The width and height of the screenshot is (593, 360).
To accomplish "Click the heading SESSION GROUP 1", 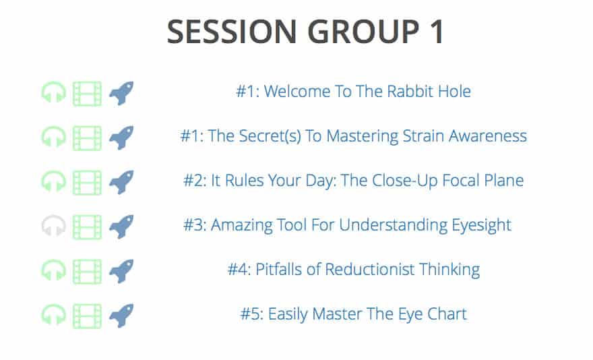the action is click(x=305, y=32).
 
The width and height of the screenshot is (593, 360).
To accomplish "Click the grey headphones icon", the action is click(x=53, y=227).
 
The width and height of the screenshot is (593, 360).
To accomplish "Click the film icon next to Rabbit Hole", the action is click(x=87, y=94).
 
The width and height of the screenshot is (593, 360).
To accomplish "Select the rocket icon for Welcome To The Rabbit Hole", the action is click(x=121, y=93).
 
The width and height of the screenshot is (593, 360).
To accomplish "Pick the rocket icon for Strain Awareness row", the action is click(x=121, y=138).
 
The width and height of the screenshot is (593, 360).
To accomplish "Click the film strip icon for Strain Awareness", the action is click(x=87, y=138).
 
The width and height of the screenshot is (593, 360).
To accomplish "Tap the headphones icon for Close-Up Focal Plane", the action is click(x=53, y=182).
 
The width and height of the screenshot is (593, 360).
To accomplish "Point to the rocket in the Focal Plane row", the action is click(x=121, y=182).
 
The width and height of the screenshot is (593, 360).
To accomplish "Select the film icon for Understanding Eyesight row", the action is click(x=87, y=227).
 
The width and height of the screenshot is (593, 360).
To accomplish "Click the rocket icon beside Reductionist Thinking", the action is click(x=121, y=271).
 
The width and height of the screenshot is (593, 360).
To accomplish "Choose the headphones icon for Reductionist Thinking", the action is click(x=53, y=270).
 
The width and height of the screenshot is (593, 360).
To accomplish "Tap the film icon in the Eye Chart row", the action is click(x=87, y=316).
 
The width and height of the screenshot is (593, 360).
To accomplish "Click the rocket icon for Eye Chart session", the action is click(x=121, y=316).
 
